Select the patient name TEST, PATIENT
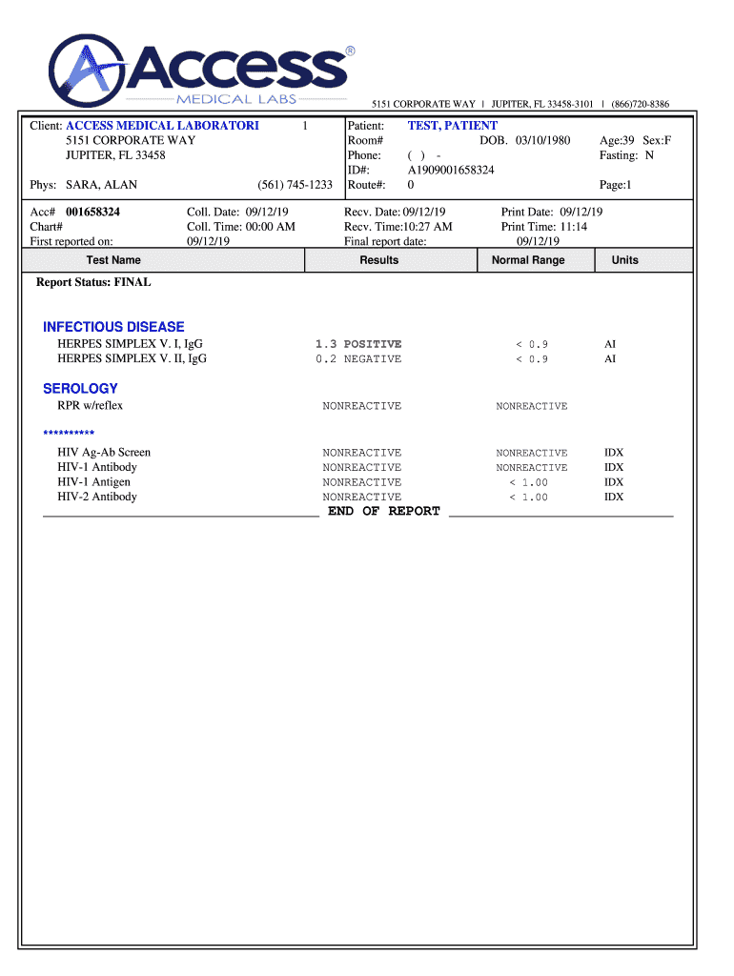point(452,126)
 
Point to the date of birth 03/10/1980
point(542,141)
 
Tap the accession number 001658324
point(92,212)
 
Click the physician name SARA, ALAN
point(100,185)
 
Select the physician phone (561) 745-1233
point(295,185)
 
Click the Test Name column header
point(113,260)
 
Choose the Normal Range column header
point(528,260)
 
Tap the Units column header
point(625,260)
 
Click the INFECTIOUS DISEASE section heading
point(113,327)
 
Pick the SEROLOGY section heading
point(80,389)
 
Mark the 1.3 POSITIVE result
point(358,344)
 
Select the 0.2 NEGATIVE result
point(358,359)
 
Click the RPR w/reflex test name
point(91,406)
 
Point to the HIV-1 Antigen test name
point(95,482)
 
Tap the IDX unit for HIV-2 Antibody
point(614,498)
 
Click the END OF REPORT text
point(384,512)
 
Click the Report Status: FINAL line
point(93,283)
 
